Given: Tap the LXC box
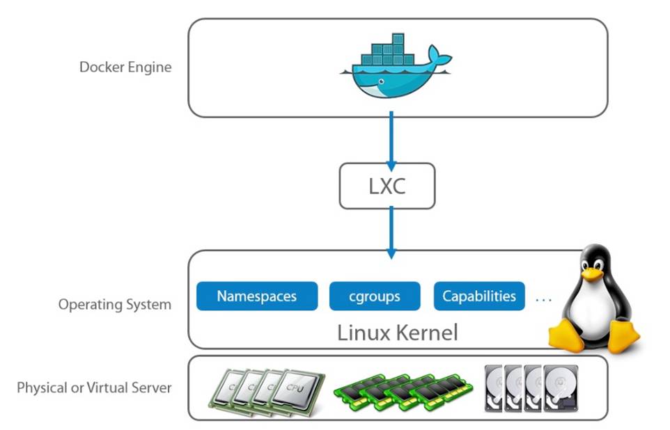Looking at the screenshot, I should pos(387,186).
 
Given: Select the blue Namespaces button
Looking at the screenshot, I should pos(256,296).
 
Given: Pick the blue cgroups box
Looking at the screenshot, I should pos(375,296).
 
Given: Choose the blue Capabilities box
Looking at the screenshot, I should pos(479,296).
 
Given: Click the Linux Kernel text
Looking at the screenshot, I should pos(398,332).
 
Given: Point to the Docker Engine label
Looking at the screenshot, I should pos(125,67).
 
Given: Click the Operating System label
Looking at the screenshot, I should pos(115,304).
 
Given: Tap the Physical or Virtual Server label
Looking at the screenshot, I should pos(94,388).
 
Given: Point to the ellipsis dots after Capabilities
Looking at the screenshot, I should pos(544,298).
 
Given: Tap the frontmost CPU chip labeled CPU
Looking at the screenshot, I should pos(293,390).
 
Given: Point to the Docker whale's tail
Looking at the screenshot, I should pos(439,57).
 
